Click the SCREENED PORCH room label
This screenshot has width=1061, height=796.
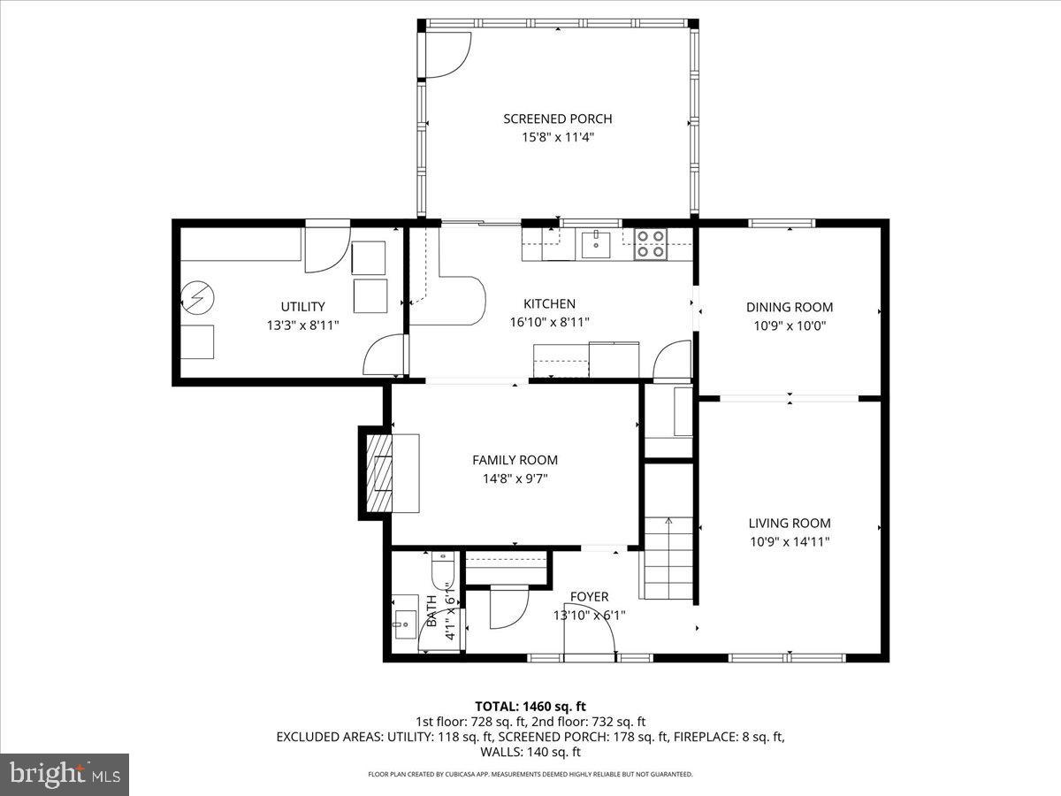(x=557, y=119)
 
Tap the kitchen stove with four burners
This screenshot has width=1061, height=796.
(x=651, y=244)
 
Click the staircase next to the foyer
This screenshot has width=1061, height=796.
(x=668, y=557)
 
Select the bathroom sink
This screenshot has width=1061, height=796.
(x=406, y=623)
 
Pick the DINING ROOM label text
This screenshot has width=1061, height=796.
(x=790, y=307)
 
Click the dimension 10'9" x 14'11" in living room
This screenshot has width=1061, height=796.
(x=790, y=541)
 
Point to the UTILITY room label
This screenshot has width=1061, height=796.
(x=303, y=307)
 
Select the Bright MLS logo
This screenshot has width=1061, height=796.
(x=65, y=774)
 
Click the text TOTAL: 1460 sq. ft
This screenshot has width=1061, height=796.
(x=530, y=706)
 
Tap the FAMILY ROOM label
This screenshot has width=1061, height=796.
(x=515, y=460)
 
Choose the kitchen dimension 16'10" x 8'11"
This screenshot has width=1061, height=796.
(x=549, y=322)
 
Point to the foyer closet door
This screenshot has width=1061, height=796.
(x=508, y=606)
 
